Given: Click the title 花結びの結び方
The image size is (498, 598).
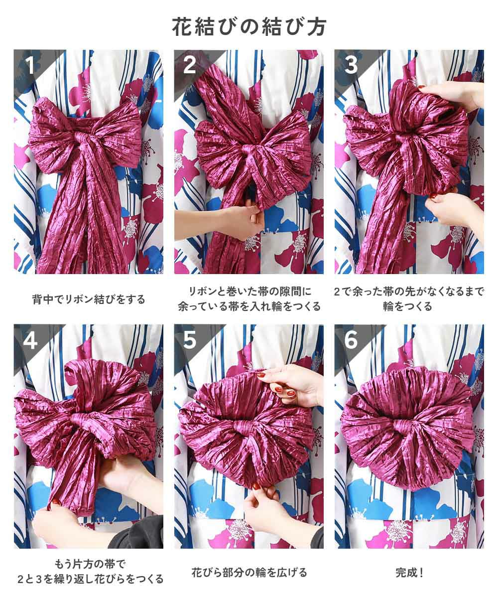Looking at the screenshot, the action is (x=249, y=27).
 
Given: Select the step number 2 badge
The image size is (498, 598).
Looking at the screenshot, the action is (x=189, y=65).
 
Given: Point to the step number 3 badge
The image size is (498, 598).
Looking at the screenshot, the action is (x=351, y=65).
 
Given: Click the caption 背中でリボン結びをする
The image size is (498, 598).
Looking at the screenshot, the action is (x=89, y=299).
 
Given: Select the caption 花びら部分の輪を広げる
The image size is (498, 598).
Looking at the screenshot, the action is (x=249, y=573).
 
